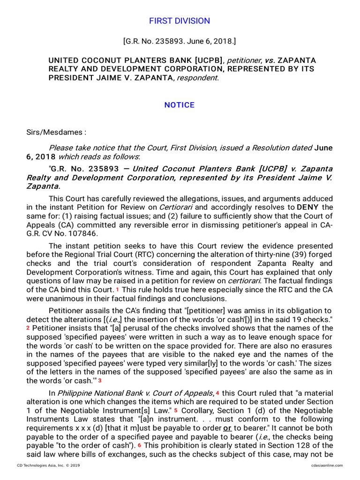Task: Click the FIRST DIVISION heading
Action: coord(180,21)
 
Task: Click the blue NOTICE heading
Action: coord(180,105)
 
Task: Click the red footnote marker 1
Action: coord(117,290)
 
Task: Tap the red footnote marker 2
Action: coord(28,328)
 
